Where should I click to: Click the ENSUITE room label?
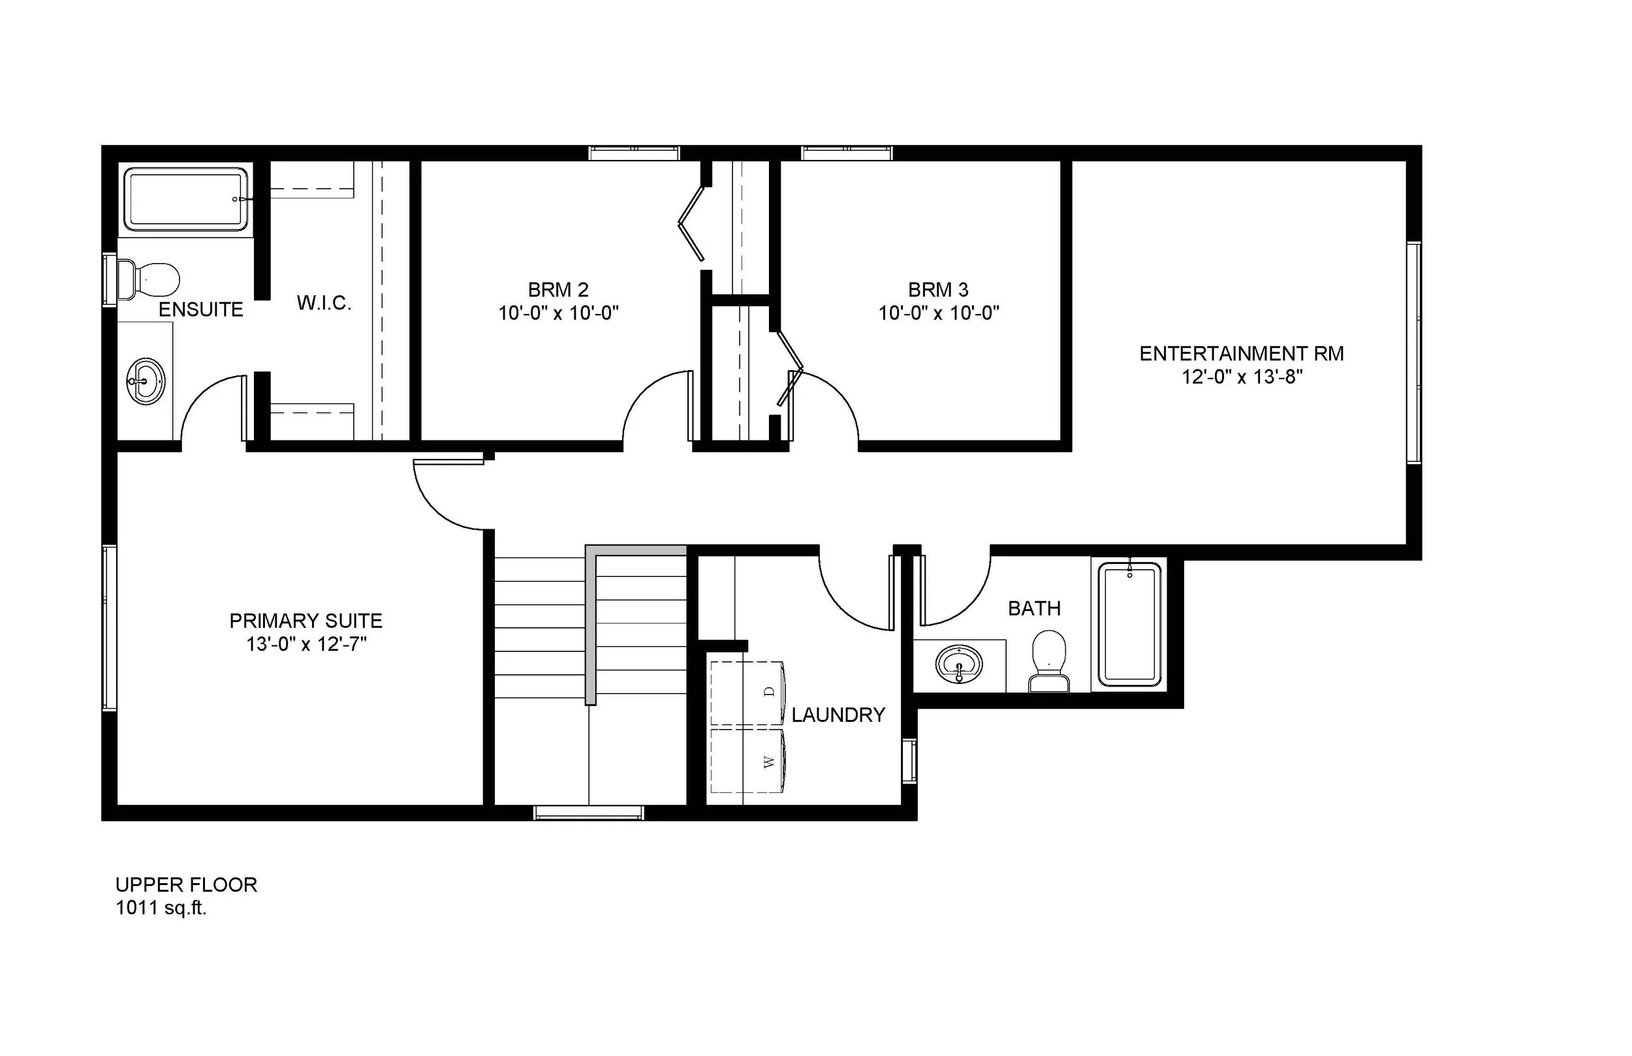(x=201, y=310)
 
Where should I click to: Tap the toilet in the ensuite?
(x=149, y=279)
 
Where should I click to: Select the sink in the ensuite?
(x=146, y=381)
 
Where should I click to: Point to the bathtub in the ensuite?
(x=186, y=199)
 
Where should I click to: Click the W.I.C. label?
(x=324, y=303)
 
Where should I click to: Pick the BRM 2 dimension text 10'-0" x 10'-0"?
(x=558, y=313)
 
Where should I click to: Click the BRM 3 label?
(x=938, y=289)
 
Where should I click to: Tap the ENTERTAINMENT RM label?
(x=1241, y=354)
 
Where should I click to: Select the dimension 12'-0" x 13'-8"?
(x=1241, y=377)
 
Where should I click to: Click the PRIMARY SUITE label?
(x=306, y=621)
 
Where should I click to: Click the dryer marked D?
(x=748, y=692)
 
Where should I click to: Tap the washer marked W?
(x=748, y=761)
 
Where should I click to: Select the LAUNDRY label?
(x=838, y=715)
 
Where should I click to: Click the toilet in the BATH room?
(x=1048, y=661)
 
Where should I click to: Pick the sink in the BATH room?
(x=958, y=664)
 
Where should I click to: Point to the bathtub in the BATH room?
(x=1129, y=624)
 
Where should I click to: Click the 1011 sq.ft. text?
(x=161, y=908)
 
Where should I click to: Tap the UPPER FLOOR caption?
(x=186, y=884)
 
